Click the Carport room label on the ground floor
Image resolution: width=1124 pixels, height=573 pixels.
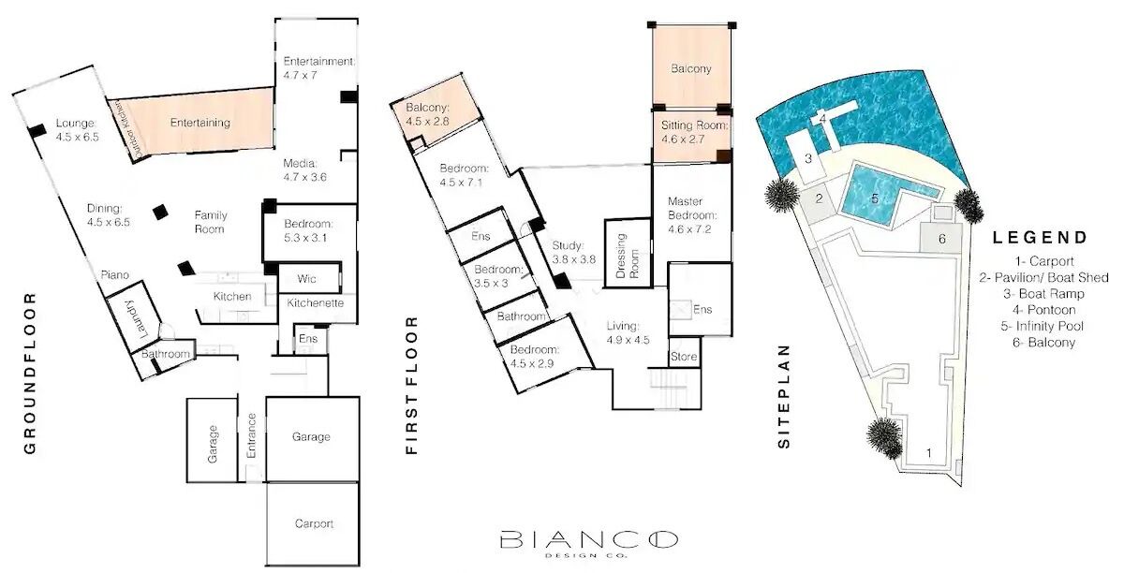click(x=314, y=523)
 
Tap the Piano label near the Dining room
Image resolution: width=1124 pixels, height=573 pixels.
click(x=115, y=275)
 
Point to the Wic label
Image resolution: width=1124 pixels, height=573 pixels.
click(x=306, y=278)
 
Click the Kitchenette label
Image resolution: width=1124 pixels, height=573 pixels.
click(x=315, y=303)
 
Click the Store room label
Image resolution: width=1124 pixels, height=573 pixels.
click(x=684, y=357)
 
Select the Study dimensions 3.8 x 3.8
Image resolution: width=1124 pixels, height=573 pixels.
click(x=574, y=259)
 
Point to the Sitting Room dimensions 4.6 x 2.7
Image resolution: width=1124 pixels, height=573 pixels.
click(x=683, y=140)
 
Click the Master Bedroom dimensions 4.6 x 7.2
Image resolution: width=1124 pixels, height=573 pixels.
click(x=689, y=229)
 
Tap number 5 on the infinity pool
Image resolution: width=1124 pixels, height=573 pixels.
click(x=875, y=198)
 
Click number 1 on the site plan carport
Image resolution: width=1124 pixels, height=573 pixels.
click(x=929, y=453)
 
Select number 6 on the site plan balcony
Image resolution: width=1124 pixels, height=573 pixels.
click(x=942, y=239)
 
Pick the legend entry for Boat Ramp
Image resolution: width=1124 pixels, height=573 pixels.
click(x=1043, y=294)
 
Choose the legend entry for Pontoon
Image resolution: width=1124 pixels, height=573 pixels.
click(x=1043, y=310)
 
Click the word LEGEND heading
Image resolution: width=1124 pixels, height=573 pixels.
click(x=1041, y=237)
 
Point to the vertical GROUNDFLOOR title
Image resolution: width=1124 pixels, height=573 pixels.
click(x=30, y=374)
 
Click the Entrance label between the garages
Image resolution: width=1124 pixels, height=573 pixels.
click(x=251, y=435)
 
